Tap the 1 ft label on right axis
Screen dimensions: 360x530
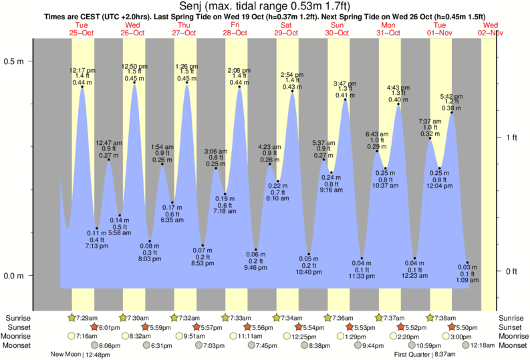[512, 138]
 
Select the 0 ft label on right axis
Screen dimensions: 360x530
[512, 271]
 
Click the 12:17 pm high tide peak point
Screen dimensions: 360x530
[82, 87]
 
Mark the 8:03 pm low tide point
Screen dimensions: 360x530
[150, 241]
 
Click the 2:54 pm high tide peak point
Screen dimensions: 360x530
[292, 92]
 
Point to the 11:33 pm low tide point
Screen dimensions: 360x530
[362, 258]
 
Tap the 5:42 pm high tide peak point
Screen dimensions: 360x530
[452, 112]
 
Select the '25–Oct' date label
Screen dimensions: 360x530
[82, 33]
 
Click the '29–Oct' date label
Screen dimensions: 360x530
[287, 33]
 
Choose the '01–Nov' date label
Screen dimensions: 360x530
[440, 33]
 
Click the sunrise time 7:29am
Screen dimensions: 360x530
[88, 318]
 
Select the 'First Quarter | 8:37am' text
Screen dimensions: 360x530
[425, 355]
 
